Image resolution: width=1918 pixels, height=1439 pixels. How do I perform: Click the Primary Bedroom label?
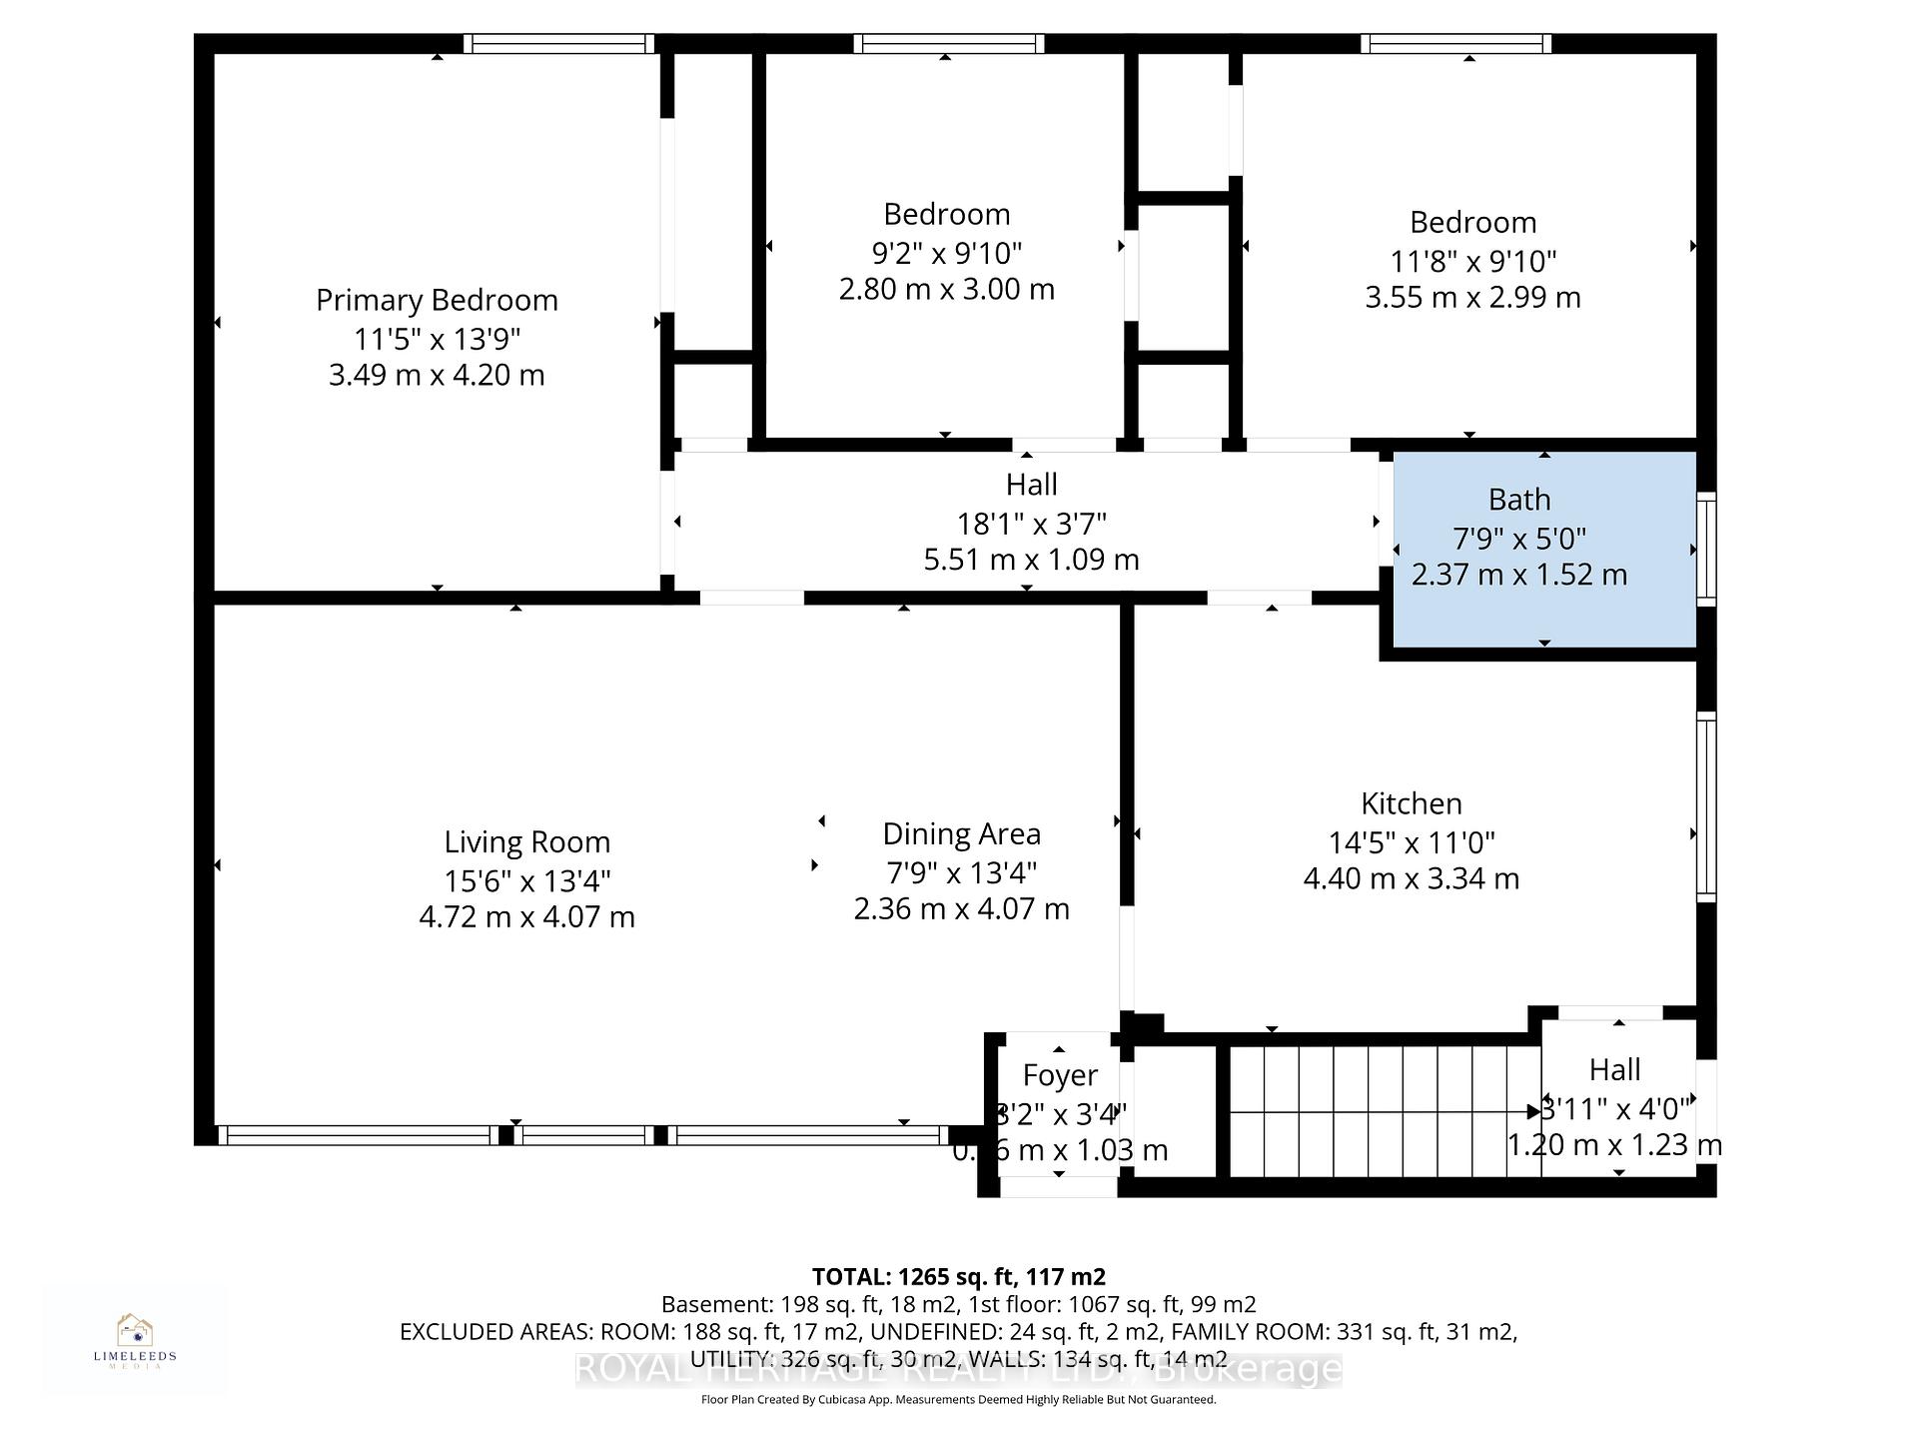pyautogui.click(x=437, y=300)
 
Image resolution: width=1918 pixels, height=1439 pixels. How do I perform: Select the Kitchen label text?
pyautogui.click(x=1411, y=803)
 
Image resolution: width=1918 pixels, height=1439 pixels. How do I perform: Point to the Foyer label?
pyautogui.click(x=1060, y=1075)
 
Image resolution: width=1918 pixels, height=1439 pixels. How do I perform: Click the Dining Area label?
pyautogui.click(x=961, y=833)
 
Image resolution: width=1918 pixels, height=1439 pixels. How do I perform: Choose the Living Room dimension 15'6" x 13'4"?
pyautogui.click(x=526, y=880)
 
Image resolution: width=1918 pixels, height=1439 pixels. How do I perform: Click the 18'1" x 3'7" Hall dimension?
pyautogui.click(x=1031, y=523)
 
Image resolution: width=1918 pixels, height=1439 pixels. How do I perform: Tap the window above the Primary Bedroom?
pyautogui.click(x=559, y=43)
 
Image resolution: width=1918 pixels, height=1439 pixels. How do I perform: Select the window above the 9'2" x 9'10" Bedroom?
pyautogui.click(x=948, y=43)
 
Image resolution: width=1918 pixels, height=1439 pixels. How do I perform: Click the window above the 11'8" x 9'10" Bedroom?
pyautogui.click(x=1455, y=43)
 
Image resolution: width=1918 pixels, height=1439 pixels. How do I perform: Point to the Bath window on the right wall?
pyautogui.click(x=1706, y=548)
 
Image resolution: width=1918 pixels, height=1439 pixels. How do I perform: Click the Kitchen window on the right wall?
pyautogui.click(x=1706, y=805)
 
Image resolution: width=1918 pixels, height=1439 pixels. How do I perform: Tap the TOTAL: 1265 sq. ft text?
pyautogui.click(x=958, y=1276)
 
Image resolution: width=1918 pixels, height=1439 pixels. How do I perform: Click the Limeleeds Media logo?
pyautogui.click(x=135, y=1339)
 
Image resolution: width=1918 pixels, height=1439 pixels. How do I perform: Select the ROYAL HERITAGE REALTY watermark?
pyautogui.click(x=958, y=1369)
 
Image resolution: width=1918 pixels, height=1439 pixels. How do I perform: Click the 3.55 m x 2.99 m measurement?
pyautogui.click(x=1472, y=297)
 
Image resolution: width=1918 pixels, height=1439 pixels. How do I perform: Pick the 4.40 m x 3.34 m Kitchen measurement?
pyautogui.click(x=1411, y=878)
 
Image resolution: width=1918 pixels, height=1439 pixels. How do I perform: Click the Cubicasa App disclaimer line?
pyautogui.click(x=958, y=1400)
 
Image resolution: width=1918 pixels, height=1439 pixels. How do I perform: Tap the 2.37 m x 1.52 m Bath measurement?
pyautogui.click(x=1518, y=575)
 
